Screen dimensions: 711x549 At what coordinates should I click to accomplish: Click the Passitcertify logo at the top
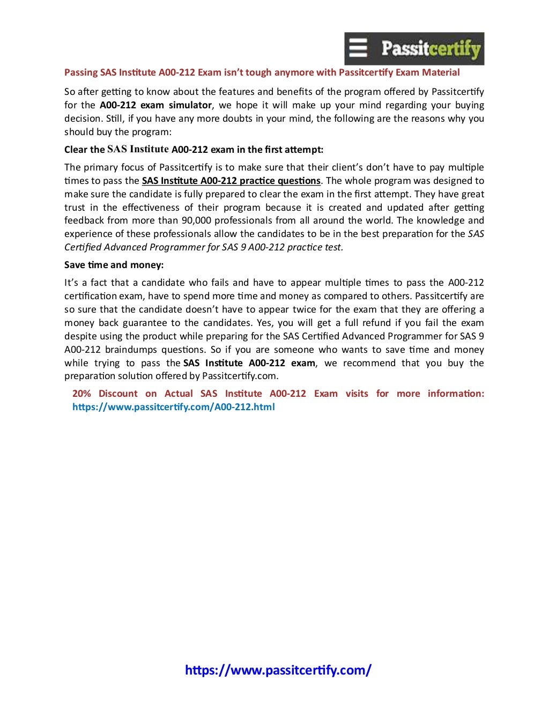point(414,49)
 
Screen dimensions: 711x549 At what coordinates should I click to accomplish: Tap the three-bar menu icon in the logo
point(358,48)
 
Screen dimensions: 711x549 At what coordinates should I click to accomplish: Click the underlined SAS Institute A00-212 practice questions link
point(231,181)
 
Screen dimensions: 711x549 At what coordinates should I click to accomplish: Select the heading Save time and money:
point(114,265)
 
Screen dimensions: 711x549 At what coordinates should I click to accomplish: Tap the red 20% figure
point(81,394)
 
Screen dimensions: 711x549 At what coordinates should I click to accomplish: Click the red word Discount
point(118,394)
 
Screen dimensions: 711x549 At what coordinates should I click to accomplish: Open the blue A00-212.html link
point(174,407)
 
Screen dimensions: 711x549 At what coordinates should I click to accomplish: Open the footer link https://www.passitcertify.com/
point(278,670)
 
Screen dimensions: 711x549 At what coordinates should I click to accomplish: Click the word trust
point(75,208)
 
